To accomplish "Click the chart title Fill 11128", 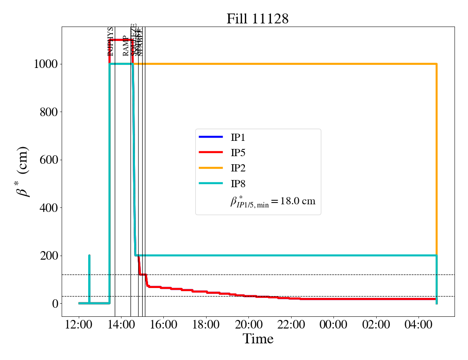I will tap(257, 18).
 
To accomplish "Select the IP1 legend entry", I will tap(238, 137).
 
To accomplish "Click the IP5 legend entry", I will tap(238, 153).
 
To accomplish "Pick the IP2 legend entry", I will tap(238, 168).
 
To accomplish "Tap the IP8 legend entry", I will tap(238, 184).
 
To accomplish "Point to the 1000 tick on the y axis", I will tap(45, 64).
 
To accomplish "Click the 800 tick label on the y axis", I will tap(49, 112).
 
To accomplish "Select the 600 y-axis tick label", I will tap(49, 160).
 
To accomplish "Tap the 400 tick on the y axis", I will tap(49, 208).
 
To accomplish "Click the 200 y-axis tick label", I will tap(49, 256).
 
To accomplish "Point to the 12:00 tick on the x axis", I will tap(79, 324).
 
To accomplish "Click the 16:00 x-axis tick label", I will tap(164, 324).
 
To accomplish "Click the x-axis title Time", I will tap(258, 339).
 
